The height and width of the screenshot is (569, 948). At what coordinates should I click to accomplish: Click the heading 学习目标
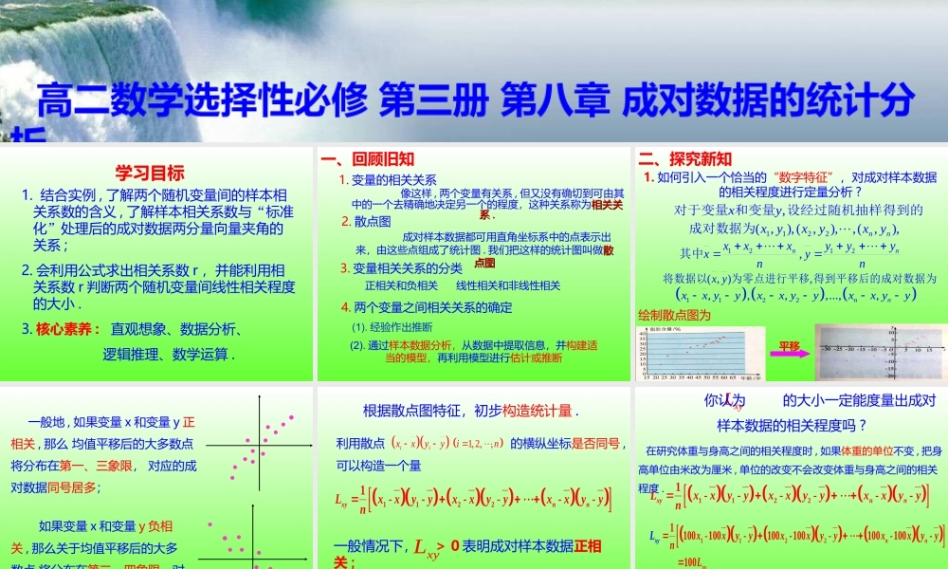point(149,173)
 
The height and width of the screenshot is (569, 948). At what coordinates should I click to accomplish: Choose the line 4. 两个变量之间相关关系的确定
point(427,307)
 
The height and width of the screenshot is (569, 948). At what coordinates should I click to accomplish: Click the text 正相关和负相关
point(401,285)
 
